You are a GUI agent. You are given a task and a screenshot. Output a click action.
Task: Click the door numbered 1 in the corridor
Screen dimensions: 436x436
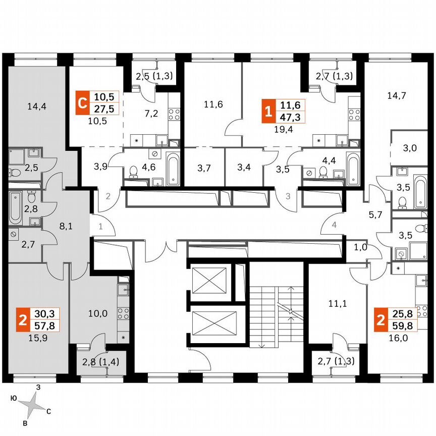100,227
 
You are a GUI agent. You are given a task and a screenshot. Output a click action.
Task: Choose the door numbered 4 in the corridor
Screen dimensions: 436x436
334,225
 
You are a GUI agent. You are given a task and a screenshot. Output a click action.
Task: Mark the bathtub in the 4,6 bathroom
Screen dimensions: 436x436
172,168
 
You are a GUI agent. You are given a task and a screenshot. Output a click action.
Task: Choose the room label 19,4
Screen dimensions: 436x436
283,129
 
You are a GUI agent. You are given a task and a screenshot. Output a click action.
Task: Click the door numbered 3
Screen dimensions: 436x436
288,196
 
